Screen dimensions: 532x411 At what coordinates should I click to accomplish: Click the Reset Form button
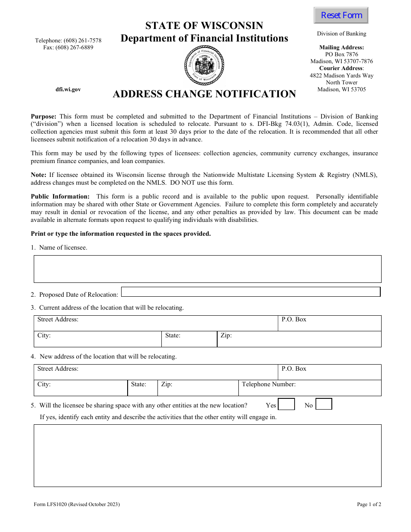[341, 16]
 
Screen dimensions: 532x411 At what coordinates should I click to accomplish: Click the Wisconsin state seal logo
[204, 66]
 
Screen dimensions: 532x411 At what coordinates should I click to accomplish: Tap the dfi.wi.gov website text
[68, 90]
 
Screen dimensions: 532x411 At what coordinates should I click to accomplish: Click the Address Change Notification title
[204, 94]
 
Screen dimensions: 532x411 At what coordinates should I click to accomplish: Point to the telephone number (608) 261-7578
[68, 41]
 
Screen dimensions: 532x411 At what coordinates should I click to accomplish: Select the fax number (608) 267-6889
[68, 48]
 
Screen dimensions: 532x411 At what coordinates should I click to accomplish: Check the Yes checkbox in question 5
[286, 404]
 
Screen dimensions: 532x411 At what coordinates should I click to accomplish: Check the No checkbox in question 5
[324, 404]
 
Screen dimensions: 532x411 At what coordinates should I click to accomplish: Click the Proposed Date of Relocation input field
[250, 292]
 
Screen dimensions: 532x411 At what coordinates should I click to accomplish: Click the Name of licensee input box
[207, 269]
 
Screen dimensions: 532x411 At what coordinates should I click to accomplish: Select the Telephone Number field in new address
[309, 388]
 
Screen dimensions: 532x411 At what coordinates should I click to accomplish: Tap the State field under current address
[189, 339]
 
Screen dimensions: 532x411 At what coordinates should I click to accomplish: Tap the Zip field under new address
[198, 388]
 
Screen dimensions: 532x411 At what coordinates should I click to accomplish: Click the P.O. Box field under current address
[329, 323]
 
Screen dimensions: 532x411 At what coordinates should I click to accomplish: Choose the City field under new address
[80, 388]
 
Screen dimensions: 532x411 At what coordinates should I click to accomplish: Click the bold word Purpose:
[43, 116]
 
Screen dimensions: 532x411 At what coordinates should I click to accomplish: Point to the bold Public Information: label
[60, 196]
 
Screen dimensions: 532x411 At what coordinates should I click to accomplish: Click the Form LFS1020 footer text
[77, 504]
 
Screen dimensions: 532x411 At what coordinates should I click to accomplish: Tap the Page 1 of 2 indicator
[369, 504]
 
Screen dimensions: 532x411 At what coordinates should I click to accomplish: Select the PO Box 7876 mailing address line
[341, 54]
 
